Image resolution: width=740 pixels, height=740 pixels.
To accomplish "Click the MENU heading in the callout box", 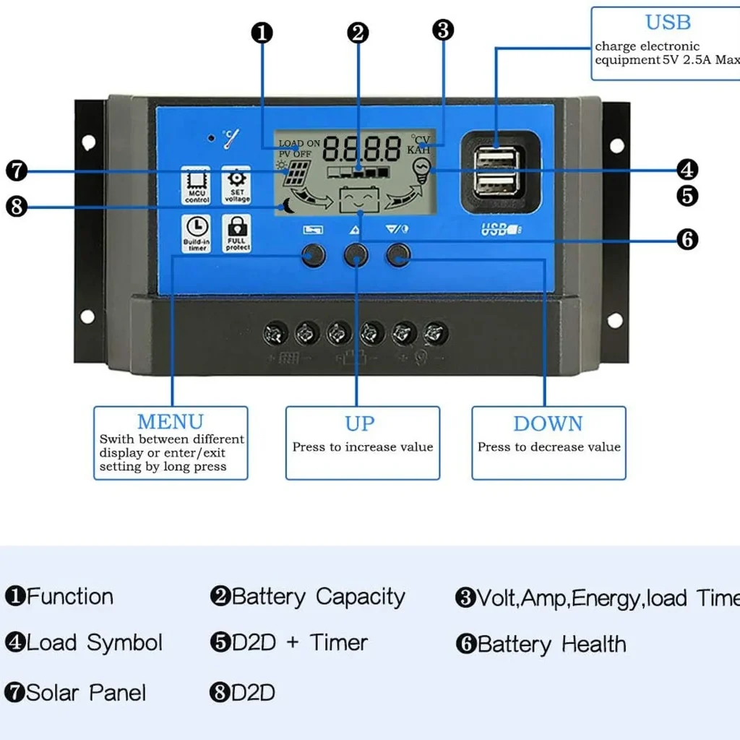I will pos(171,421).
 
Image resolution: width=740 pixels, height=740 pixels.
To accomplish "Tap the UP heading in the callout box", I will pos(360,423).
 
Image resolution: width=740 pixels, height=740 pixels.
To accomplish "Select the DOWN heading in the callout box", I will pos(548,423).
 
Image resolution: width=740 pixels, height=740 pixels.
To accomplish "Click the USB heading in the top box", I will pos(668,22).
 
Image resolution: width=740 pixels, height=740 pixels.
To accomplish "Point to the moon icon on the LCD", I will pos(288,205).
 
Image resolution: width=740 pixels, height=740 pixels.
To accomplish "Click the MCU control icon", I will pos(196,186).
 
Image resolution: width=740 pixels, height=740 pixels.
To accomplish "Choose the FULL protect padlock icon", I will pos(237,233).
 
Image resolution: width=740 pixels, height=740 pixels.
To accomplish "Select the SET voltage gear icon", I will pos(236,186).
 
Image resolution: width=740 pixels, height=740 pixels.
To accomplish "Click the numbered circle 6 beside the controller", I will pos(687,239).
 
